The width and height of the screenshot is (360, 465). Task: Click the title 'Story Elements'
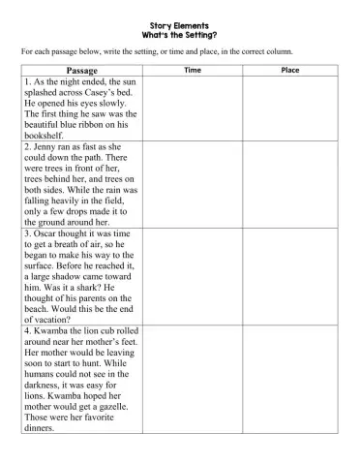[180, 26]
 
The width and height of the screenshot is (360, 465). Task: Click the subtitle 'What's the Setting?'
[180, 35]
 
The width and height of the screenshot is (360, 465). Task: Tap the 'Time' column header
[193, 71]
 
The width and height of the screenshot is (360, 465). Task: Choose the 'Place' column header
[289, 71]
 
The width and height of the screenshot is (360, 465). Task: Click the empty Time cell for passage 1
[193, 108]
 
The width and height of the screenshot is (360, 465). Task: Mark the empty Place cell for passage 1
[289, 108]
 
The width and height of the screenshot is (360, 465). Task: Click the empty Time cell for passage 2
[193, 184]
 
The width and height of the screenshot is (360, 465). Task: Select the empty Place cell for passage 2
[289, 184]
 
